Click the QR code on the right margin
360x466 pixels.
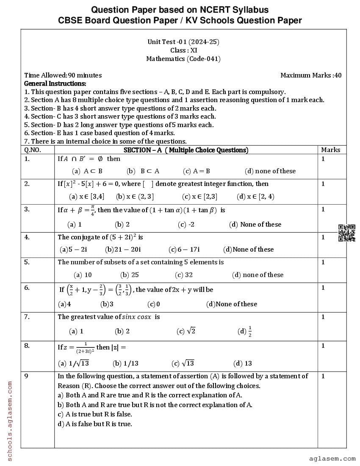346,233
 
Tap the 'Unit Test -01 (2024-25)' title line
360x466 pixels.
183,42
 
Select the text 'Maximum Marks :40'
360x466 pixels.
311,75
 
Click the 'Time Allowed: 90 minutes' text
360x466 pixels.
63,75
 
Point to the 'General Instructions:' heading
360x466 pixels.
55,83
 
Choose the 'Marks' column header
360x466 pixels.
330,150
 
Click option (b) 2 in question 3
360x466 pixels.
122,225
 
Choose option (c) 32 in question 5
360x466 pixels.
184,275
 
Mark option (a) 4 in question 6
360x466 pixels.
64,304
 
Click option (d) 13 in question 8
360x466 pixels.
243,363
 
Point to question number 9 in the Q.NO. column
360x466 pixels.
26,376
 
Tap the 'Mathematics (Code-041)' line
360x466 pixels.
183,59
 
